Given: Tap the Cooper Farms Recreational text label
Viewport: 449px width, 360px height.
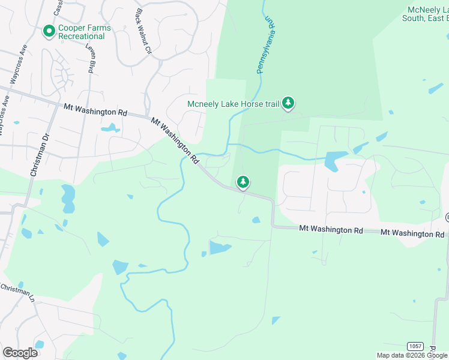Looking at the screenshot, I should point(82,32).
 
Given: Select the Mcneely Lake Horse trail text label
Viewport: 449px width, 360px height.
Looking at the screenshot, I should point(234,104).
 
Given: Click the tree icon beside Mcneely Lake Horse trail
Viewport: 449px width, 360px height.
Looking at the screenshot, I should point(289,104).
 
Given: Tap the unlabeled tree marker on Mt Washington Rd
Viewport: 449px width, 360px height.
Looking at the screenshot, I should point(243,181).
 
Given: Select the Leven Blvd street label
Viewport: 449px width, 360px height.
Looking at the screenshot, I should point(91,59).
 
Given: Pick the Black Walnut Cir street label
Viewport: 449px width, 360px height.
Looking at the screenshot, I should point(144,32).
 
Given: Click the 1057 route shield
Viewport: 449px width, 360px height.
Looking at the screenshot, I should point(415,346).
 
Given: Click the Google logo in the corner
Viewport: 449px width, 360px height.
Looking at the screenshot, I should point(20,352).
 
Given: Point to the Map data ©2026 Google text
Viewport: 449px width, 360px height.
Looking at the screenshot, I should point(411,355).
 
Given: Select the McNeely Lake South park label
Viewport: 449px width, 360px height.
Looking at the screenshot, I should point(427,14).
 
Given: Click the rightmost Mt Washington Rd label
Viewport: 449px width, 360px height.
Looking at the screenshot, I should point(413,233).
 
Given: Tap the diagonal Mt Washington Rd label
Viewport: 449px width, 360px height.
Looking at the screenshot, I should point(175,140).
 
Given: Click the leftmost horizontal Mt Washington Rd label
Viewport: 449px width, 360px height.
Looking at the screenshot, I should point(95,109).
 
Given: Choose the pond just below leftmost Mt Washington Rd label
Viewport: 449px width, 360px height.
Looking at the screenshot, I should point(110,128).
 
